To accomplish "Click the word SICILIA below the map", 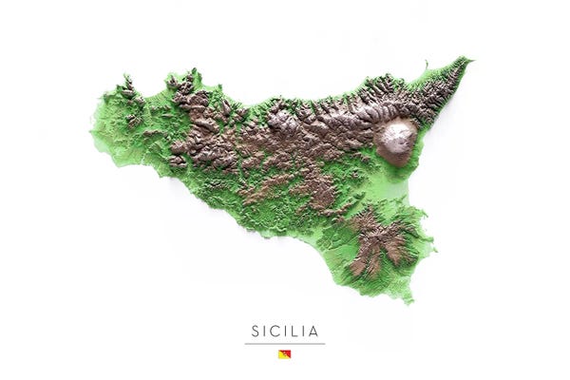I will pyautogui.click(x=284, y=331).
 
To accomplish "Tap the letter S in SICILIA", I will pyautogui.click(x=255, y=331).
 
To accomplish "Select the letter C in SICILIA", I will pyautogui.click(x=274, y=331).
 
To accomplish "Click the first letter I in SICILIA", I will pyautogui.click(x=264, y=331).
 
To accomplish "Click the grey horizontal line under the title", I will pyautogui.click(x=284, y=343).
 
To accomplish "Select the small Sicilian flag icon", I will pyautogui.click(x=284, y=354).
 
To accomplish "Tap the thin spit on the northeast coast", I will pyautogui.click(x=426, y=67).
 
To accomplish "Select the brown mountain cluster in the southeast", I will pyautogui.click(x=380, y=242).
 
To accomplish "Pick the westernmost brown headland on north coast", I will pyautogui.click(x=125, y=87).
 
